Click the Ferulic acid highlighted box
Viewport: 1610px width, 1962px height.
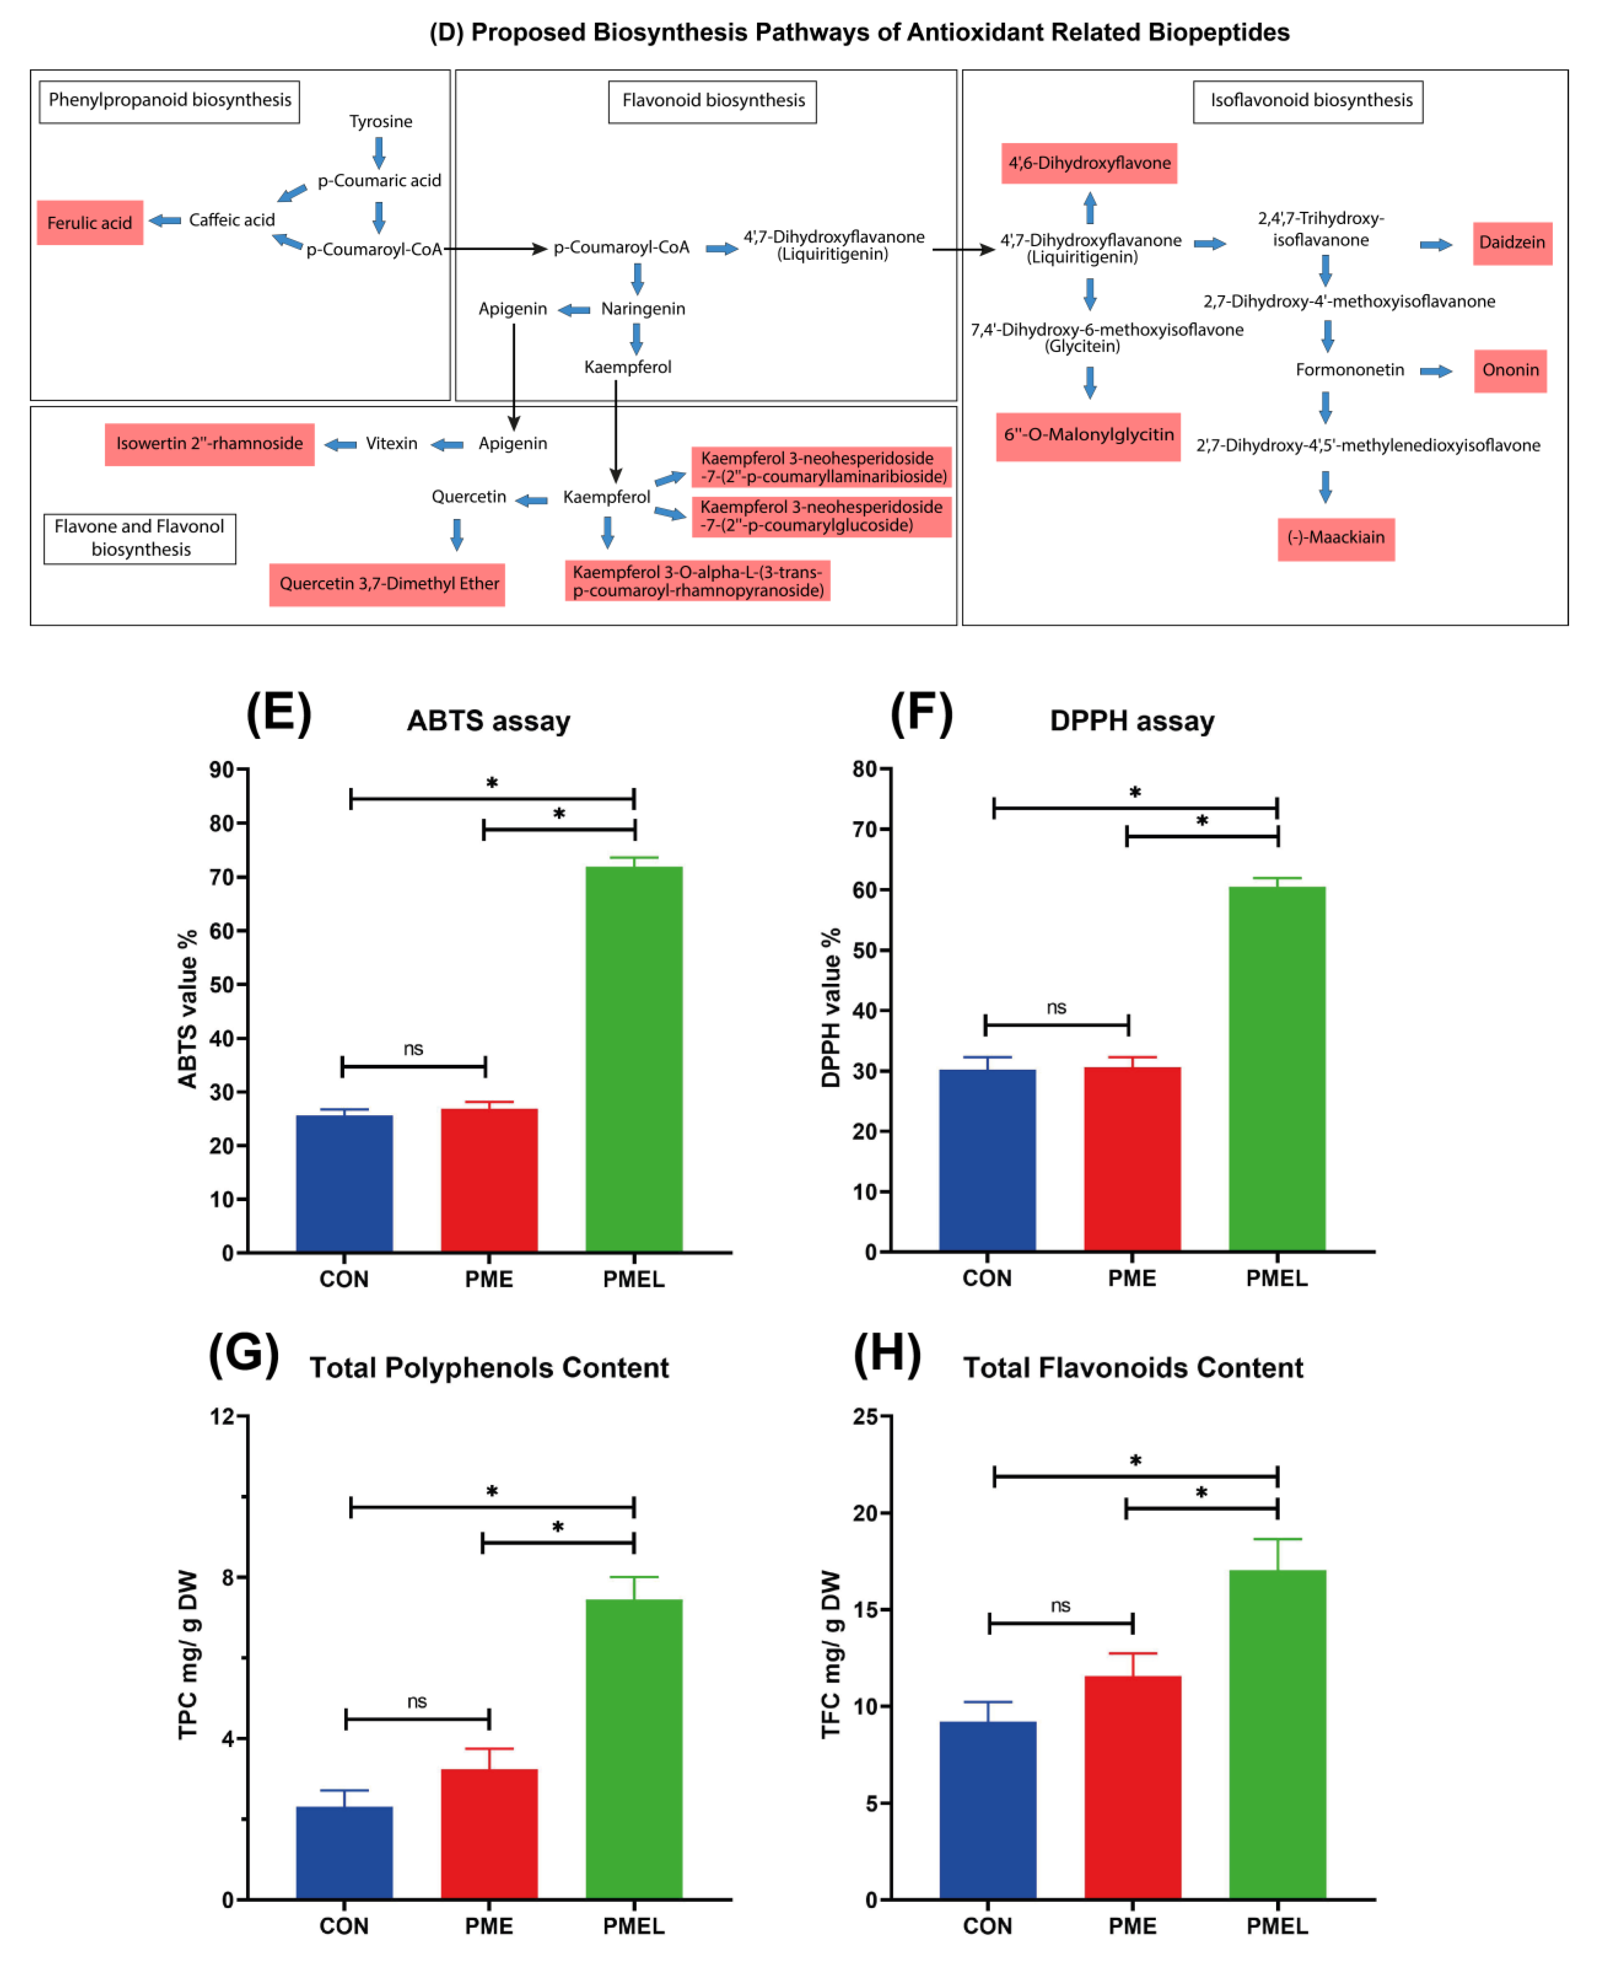[90, 223]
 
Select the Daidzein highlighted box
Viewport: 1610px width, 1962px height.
[1512, 243]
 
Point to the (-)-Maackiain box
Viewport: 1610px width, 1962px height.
[1336, 538]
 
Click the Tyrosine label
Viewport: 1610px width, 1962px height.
[380, 122]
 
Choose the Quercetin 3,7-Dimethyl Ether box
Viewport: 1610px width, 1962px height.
[388, 585]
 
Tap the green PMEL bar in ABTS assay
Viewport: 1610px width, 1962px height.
[634, 1057]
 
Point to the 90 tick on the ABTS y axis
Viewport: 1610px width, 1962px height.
[223, 770]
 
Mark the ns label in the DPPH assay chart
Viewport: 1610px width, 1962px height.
[1056, 1008]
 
